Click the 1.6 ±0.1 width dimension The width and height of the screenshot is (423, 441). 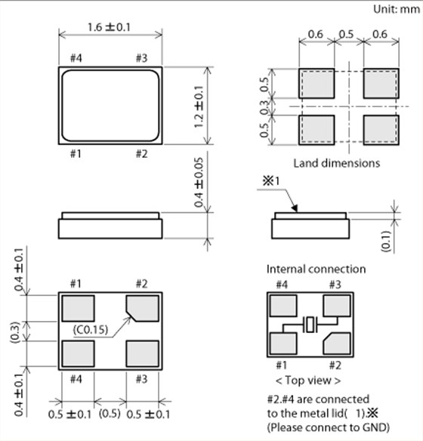pos(109,27)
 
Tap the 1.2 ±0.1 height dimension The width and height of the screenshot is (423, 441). pos(199,106)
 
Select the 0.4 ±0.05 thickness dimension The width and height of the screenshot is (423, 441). pos(199,182)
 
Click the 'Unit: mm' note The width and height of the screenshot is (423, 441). pos(397,9)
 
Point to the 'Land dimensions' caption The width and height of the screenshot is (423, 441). pos(337,163)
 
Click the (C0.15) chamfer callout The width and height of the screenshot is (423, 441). pos(91,329)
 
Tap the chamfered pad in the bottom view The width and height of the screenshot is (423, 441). pos(143,308)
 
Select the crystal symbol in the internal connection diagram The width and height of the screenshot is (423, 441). pos(310,325)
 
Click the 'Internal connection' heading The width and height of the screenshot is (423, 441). pos(316,269)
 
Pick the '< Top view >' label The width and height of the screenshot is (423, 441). pos(308,381)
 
